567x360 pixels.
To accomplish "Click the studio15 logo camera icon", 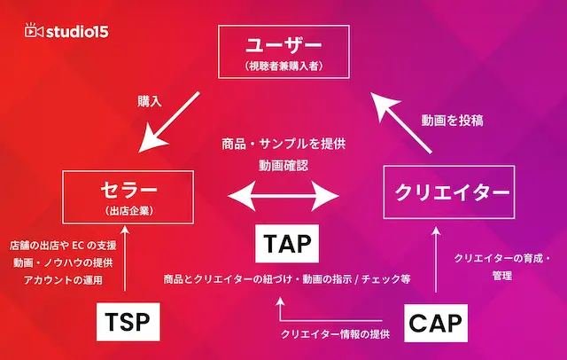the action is click(34, 30).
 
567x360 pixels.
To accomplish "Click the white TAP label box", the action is click(287, 244).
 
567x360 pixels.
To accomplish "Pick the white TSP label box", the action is click(128, 322).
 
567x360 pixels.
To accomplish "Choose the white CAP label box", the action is click(436, 323).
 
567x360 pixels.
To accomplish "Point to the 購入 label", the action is click(150, 101).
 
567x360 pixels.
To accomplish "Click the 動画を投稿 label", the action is click(452, 121).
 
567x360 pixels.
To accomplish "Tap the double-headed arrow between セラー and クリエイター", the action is click(283, 196).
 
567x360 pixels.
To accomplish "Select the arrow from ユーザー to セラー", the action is click(169, 122).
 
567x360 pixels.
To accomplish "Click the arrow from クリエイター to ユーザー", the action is click(401, 123).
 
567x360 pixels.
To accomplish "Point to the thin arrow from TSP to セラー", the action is click(125, 258).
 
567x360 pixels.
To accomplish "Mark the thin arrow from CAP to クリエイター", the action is click(436, 259).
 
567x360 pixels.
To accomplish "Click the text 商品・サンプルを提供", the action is click(283, 144).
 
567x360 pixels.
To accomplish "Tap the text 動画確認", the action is click(283, 166).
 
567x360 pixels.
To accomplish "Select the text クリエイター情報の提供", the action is click(335, 334).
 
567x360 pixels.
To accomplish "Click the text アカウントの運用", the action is click(63, 279).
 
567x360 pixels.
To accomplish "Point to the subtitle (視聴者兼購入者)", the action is click(283, 66).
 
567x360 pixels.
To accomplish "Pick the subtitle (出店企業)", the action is click(128, 211).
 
